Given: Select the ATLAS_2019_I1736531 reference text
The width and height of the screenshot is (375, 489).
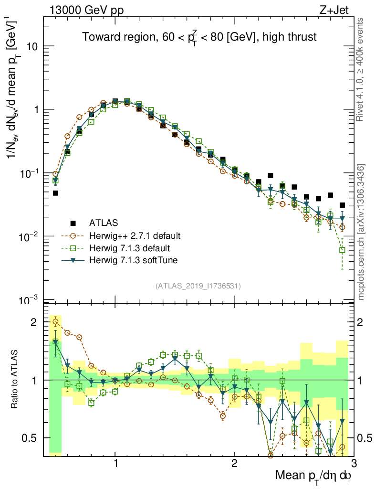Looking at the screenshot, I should click(x=198, y=286).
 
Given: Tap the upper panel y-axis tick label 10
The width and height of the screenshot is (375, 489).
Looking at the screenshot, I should click(x=32, y=46).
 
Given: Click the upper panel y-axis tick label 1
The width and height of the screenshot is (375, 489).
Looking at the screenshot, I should click(x=36, y=110).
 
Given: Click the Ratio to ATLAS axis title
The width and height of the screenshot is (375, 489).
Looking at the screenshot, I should click(x=16, y=380).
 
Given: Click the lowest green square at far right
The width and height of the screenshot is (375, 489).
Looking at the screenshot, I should click(x=342, y=250).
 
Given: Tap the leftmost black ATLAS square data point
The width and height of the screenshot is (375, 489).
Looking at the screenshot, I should click(x=55, y=193).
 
